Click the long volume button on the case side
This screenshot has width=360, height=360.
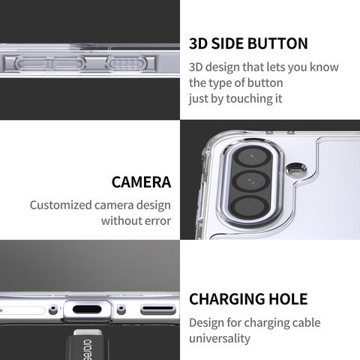tap(50, 64)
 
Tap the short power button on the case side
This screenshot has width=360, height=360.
tap(127, 64)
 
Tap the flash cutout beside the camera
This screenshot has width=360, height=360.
tap(296, 170)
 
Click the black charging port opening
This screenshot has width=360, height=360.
tap(87, 309)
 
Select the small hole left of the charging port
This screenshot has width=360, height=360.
tap(53, 310)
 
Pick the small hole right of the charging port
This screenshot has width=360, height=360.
tap(121, 310)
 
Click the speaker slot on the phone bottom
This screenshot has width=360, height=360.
tap(158, 310)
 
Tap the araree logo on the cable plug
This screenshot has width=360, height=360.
tap(88, 349)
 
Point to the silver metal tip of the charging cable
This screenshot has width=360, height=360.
tap(88, 332)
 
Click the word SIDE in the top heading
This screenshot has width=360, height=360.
tap(227, 43)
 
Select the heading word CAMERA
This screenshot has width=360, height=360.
tap(141, 182)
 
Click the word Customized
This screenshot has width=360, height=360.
tap(61, 205)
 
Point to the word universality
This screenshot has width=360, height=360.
tap(220, 339)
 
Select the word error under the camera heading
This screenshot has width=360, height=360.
tap(156, 221)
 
